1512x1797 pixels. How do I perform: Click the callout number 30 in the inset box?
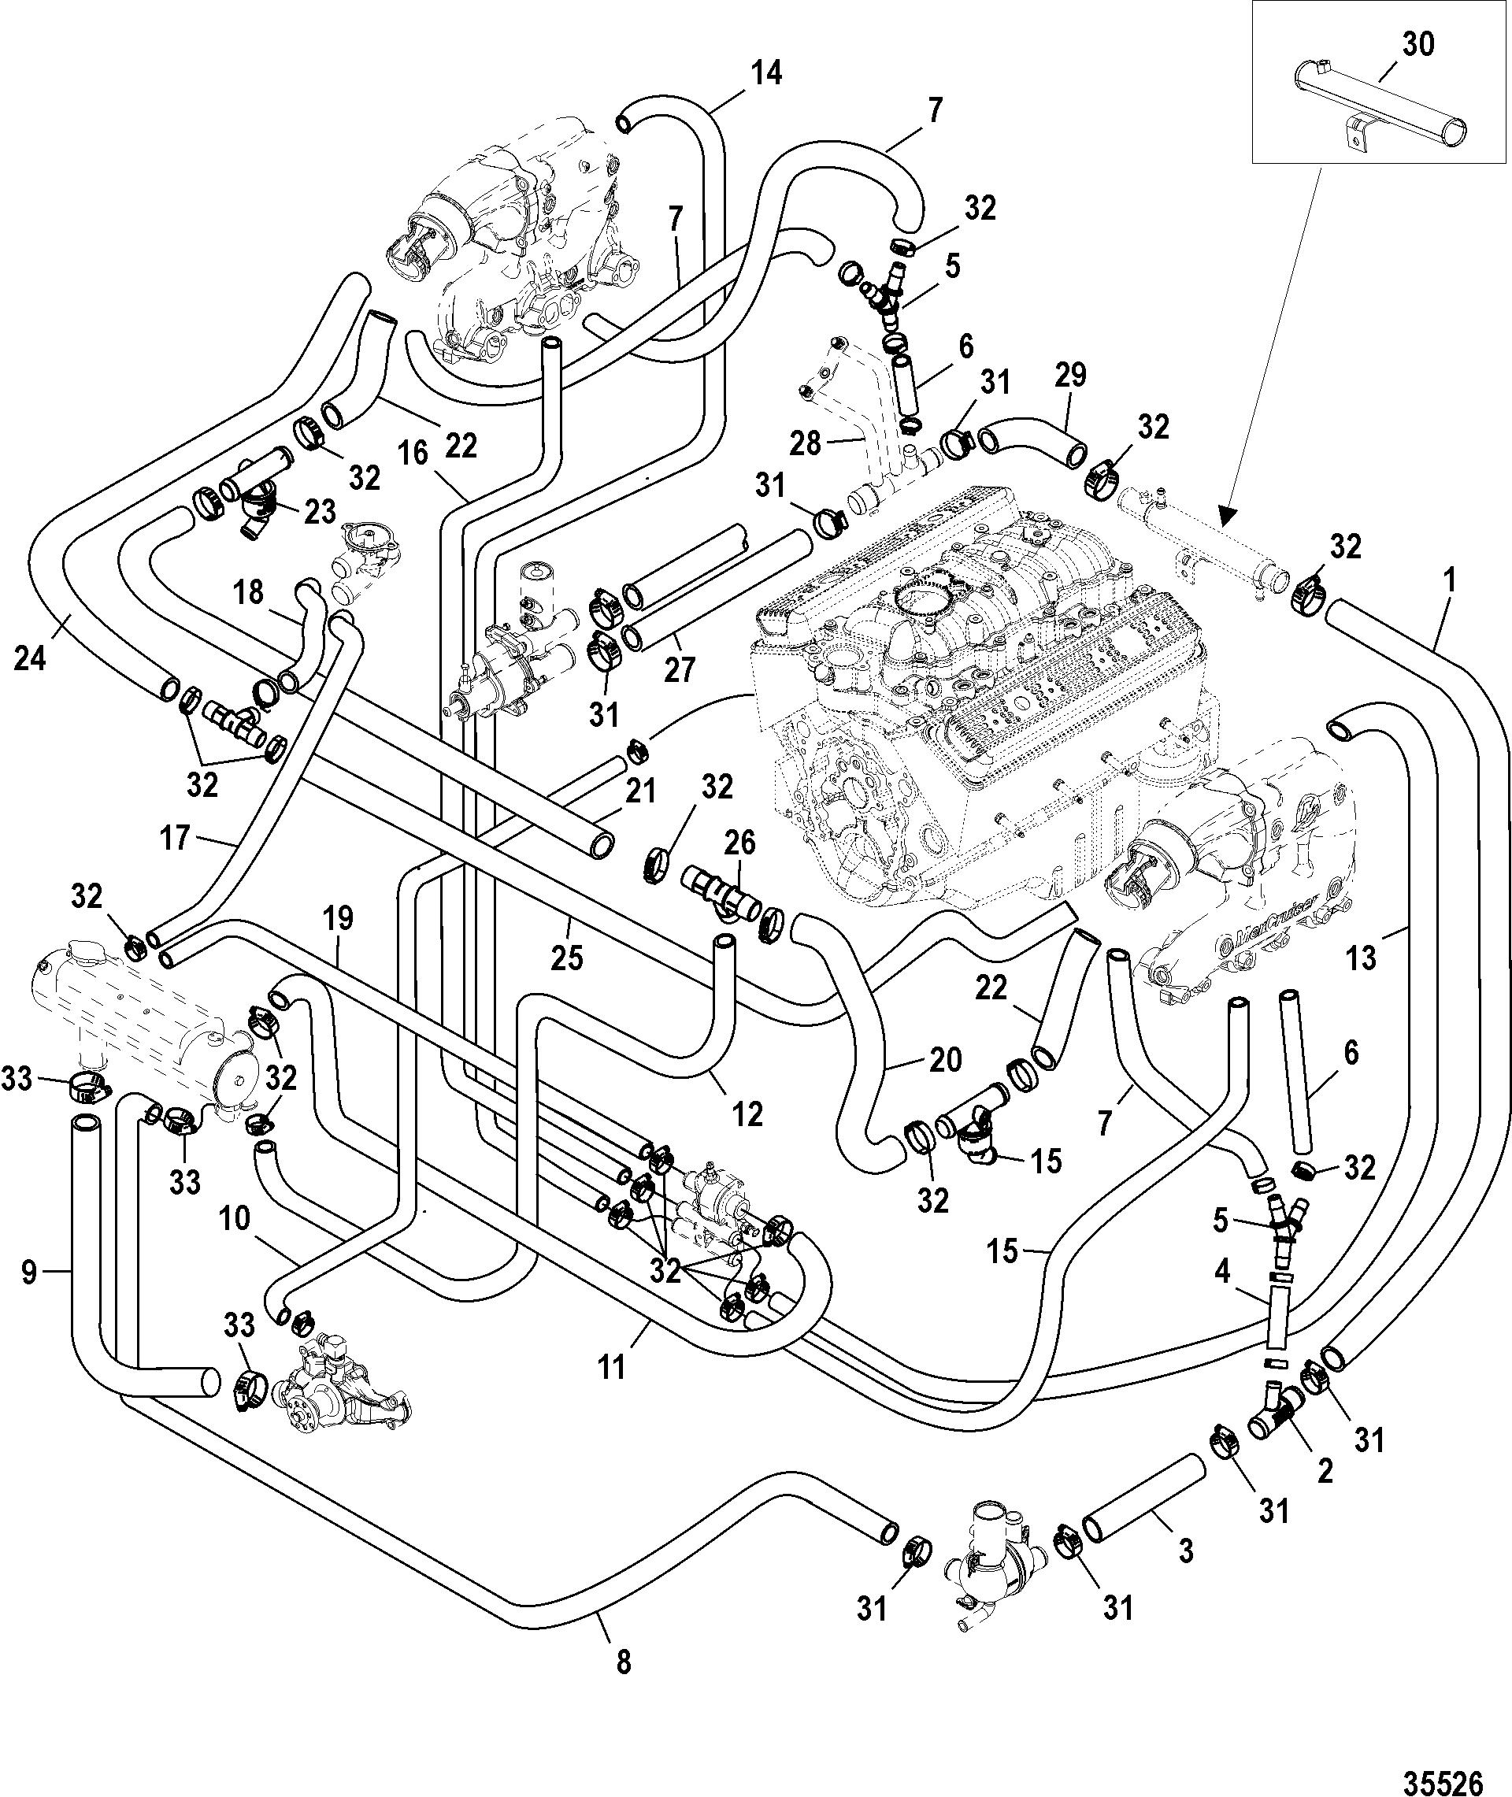[x=1417, y=43]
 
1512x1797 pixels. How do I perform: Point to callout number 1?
[x=1450, y=582]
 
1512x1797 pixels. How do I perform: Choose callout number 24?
[x=31, y=661]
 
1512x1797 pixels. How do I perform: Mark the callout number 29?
[x=1072, y=376]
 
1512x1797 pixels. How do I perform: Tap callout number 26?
[x=739, y=843]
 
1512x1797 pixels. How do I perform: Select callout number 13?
[x=1361, y=958]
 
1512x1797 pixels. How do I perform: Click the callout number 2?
[x=1325, y=1473]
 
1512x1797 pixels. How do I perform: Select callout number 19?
[x=338, y=920]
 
